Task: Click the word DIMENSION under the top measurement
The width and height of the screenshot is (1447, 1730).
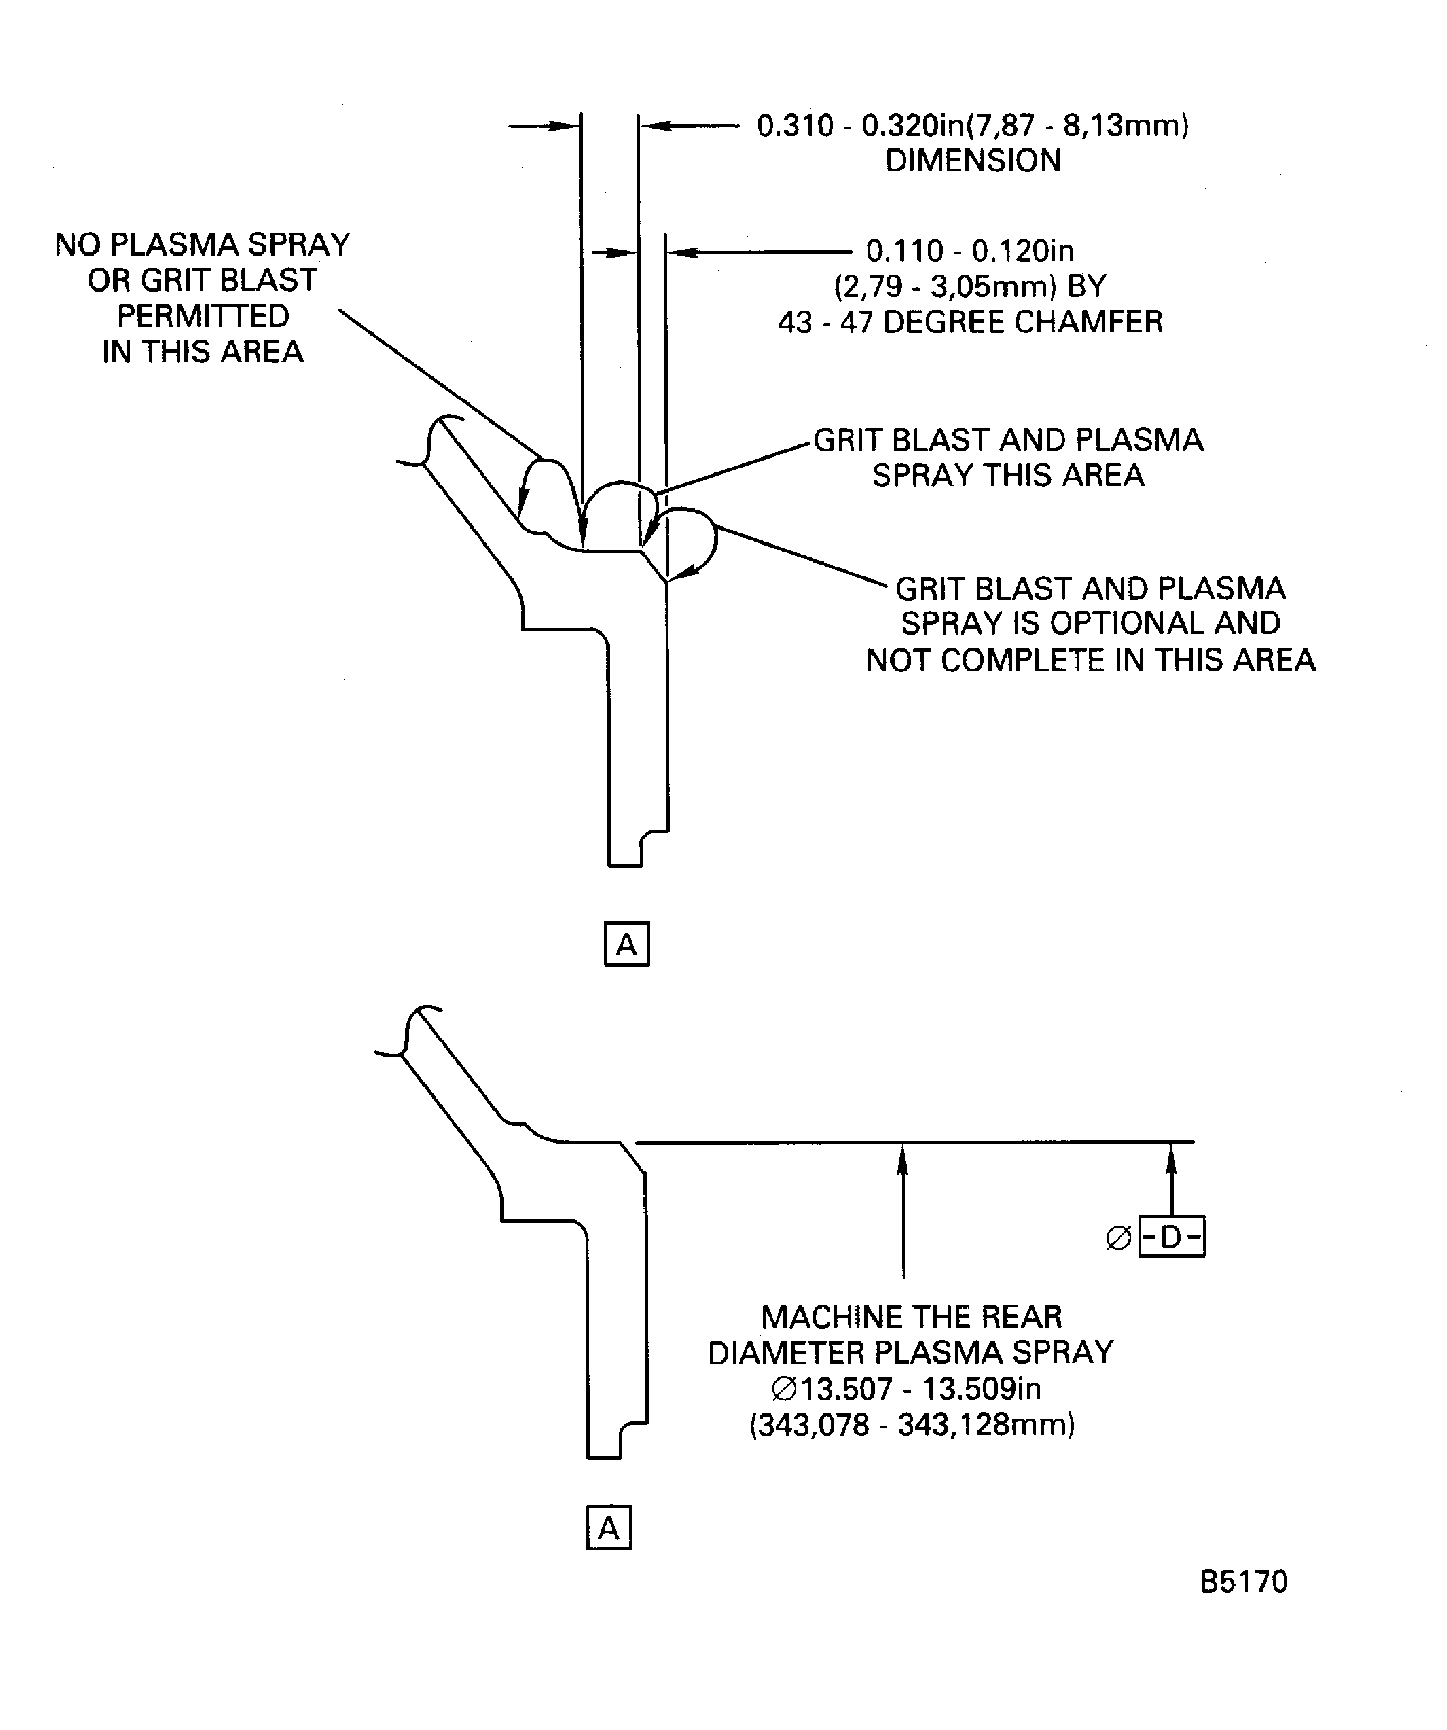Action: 973,161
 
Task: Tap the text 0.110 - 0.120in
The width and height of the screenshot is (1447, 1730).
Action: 970,250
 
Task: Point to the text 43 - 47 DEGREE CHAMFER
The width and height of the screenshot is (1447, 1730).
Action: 970,322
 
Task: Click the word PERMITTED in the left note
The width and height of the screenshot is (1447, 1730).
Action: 202,317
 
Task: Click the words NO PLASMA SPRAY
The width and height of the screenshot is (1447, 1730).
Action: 202,244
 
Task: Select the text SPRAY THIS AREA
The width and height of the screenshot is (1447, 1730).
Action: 1008,476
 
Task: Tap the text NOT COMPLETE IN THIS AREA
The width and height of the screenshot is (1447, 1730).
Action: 1090,660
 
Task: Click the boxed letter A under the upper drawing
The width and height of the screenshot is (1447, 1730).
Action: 627,944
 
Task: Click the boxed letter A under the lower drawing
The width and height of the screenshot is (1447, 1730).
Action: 608,1528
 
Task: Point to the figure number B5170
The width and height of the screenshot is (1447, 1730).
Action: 1243,1582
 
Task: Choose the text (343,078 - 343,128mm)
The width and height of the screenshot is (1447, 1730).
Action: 912,1425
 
